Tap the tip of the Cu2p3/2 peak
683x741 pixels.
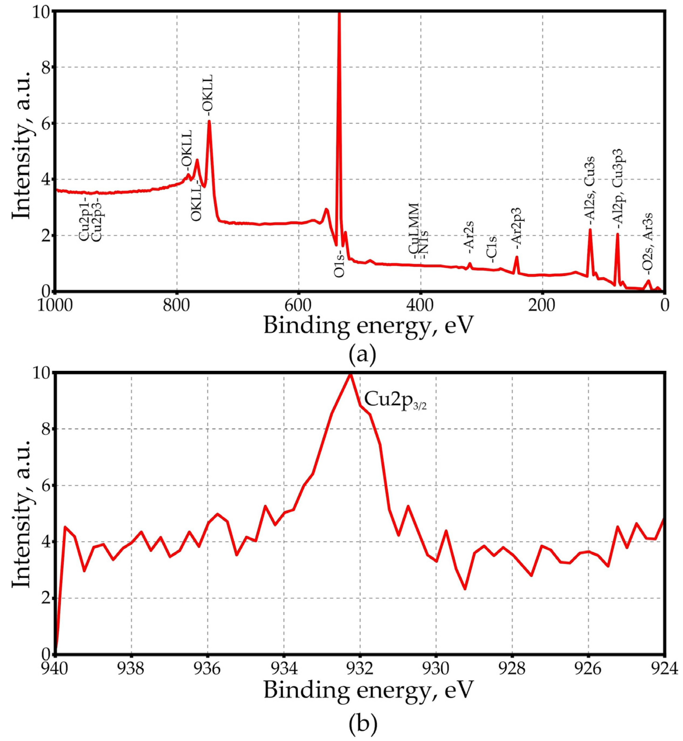(350, 375)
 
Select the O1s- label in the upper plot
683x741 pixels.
(339, 265)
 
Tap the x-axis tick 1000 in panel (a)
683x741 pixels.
(55, 306)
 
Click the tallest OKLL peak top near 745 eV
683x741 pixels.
(209, 121)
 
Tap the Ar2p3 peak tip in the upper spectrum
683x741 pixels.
(517, 257)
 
